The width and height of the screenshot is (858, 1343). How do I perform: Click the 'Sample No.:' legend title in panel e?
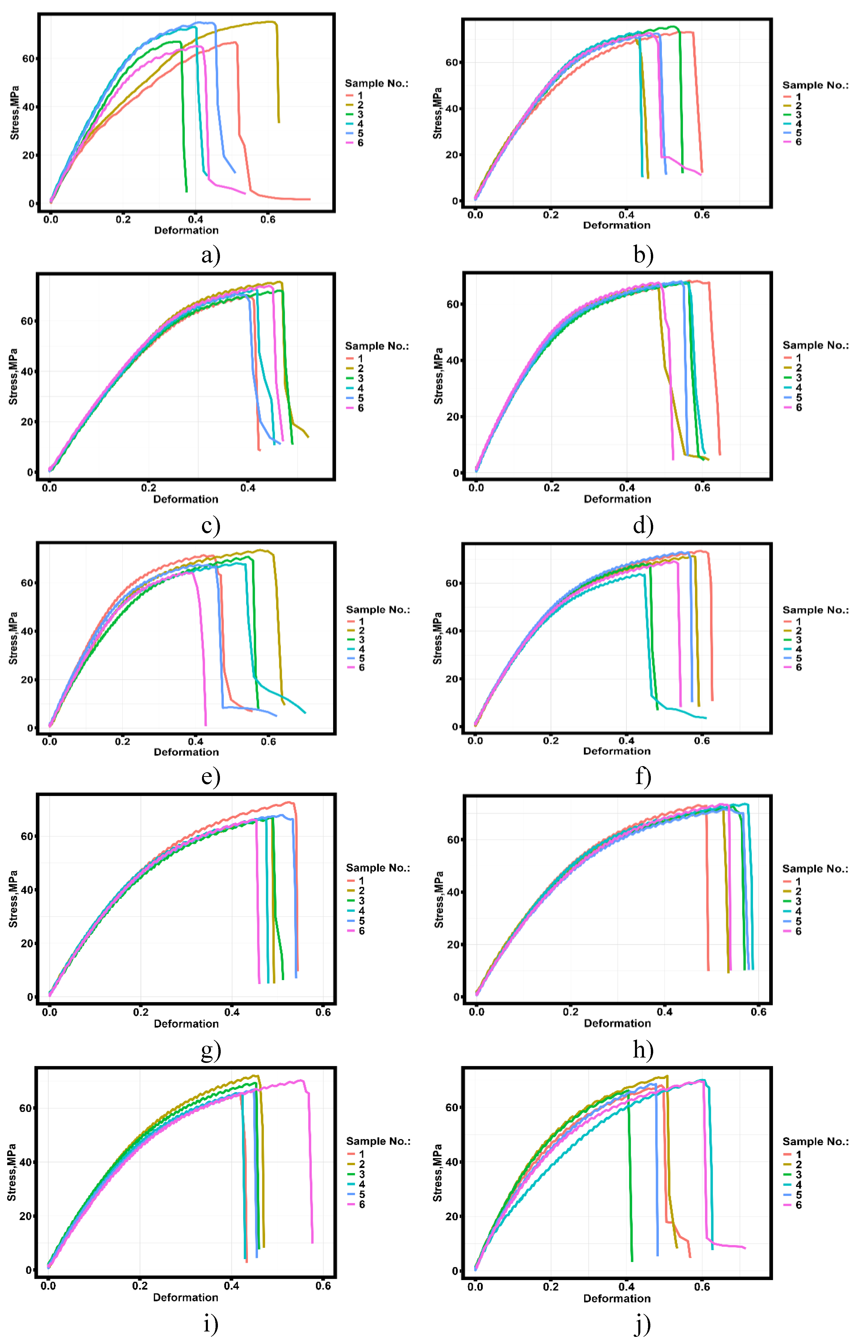point(378,609)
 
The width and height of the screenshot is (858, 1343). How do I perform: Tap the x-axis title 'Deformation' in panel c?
point(186,499)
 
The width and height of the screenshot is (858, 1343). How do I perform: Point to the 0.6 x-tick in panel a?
point(268,220)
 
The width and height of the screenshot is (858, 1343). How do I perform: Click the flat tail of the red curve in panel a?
point(290,198)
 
